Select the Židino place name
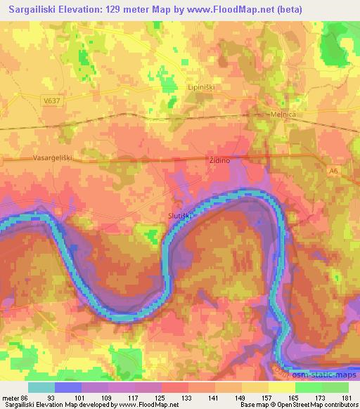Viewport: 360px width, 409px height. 220,160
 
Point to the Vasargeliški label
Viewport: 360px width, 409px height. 53,159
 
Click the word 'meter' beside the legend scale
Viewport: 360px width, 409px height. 10,397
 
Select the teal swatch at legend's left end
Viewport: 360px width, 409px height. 41,387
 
